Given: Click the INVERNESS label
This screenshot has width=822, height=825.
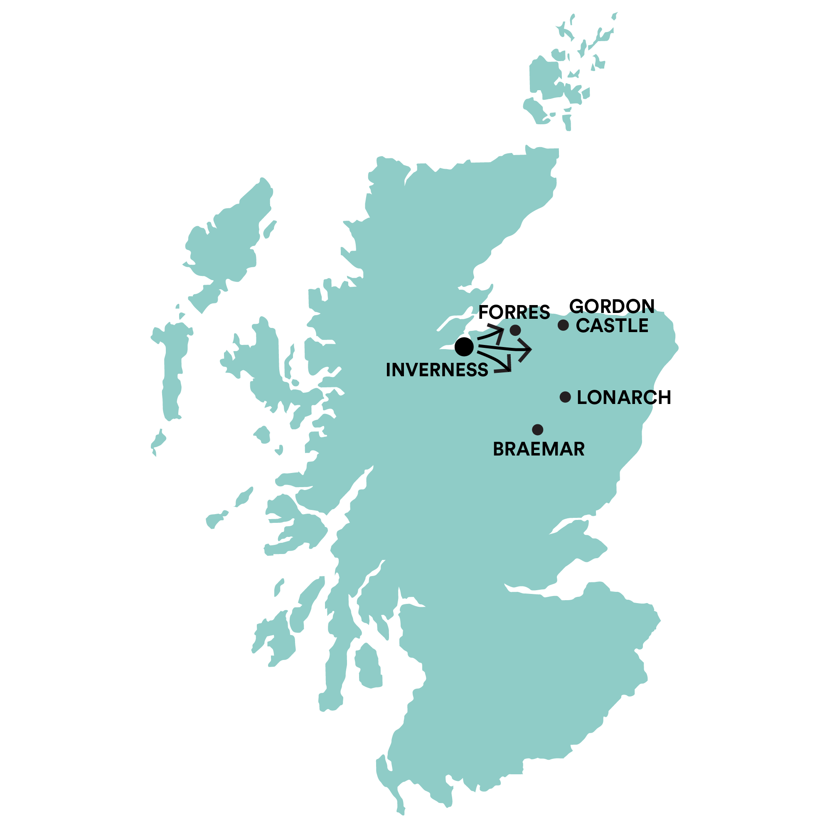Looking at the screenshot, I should coord(436,370).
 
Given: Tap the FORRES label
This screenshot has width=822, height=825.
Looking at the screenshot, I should coord(514,313).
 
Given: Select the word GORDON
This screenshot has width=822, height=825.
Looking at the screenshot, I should coord(611,306).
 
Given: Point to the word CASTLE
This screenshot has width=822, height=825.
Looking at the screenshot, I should coord(611,326).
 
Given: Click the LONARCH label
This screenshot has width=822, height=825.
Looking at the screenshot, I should coord(623,398).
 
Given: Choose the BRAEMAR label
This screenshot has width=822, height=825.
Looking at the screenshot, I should coord(539,449).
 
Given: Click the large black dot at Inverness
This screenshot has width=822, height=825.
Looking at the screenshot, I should coord(464,347).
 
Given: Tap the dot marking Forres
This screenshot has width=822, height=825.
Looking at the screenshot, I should coord(515,330).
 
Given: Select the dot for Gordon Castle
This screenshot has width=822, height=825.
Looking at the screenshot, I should coord(563,325).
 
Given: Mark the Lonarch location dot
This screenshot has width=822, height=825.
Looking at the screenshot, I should coord(565,398).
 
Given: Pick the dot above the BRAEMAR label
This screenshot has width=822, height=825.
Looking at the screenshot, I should coord(538,430).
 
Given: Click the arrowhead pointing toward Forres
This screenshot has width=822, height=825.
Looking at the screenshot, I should coord(500,330).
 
